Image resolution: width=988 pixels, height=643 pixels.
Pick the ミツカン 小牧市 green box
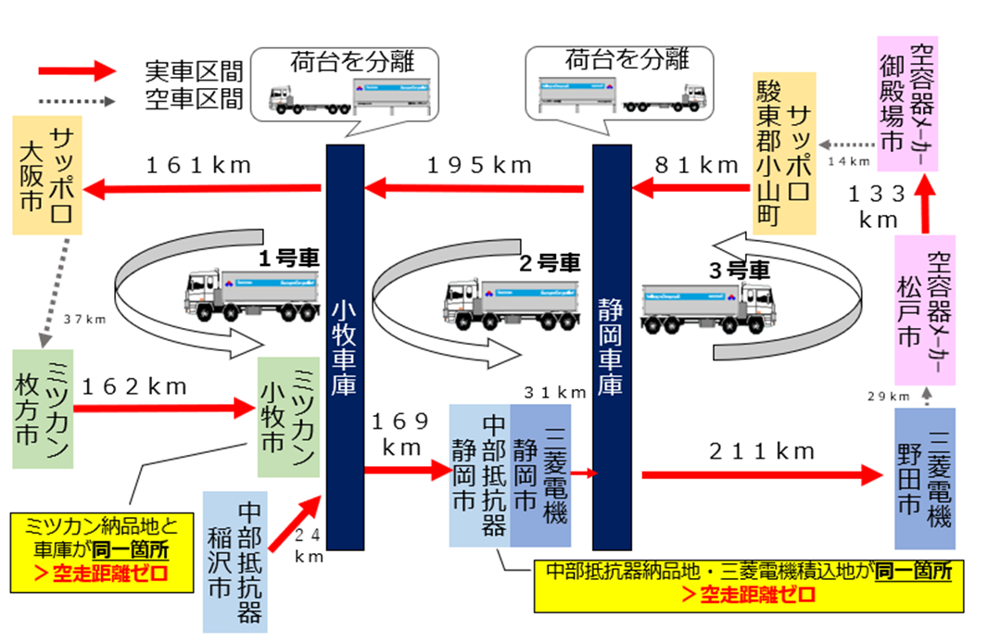coord(288,417)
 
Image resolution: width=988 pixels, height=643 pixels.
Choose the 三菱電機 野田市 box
coord(924,479)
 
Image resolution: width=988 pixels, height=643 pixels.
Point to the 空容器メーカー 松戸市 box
coord(924,310)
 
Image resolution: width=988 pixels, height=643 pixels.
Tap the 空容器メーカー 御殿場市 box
coord(907,103)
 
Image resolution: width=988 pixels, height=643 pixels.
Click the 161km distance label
coord(198,166)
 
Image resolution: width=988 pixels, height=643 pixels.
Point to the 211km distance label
coord(762,451)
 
